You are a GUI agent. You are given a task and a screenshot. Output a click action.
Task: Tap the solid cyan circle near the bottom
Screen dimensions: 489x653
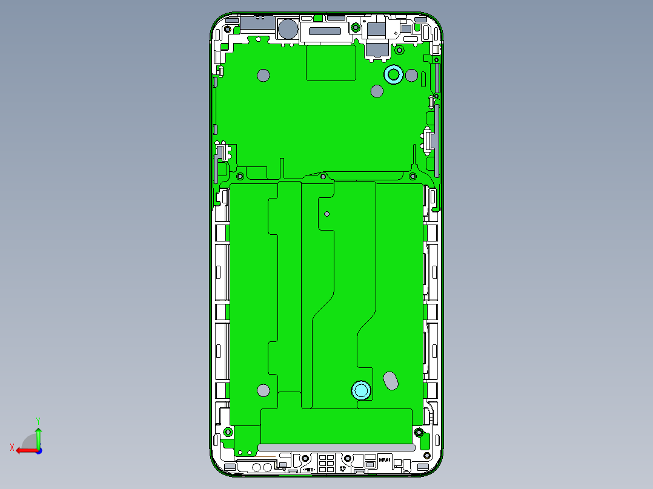(x=362, y=390)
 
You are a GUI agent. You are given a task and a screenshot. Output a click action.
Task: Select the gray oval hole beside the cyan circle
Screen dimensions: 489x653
(x=392, y=381)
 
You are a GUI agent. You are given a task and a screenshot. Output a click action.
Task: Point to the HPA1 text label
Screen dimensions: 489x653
(x=385, y=460)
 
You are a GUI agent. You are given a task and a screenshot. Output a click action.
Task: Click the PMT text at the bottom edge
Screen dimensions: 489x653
(x=308, y=469)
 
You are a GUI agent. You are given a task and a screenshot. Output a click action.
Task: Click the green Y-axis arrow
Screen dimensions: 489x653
(x=38, y=436)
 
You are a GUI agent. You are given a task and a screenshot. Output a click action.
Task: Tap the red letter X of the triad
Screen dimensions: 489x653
(x=12, y=447)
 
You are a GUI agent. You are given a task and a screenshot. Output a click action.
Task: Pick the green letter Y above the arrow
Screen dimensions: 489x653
(x=38, y=420)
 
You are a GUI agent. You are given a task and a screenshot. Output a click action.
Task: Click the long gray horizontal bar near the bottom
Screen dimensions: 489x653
(x=336, y=447)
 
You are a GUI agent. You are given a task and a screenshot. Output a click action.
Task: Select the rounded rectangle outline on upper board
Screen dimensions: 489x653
(x=331, y=64)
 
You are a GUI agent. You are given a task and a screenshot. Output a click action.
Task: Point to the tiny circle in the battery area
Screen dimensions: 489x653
(x=327, y=214)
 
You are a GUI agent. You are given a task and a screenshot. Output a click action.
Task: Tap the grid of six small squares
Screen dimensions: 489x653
(x=326, y=462)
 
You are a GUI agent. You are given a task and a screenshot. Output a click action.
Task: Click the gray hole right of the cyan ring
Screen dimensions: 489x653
(x=411, y=76)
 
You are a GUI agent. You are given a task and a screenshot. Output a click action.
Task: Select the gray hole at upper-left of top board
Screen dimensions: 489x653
(x=263, y=75)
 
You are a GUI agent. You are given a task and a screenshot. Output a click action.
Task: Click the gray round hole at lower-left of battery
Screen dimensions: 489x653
(x=263, y=390)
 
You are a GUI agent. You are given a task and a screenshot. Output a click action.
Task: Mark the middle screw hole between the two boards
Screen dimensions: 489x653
(x=323, y=177)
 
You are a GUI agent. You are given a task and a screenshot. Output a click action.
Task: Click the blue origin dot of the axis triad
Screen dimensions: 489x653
(x=38, y=450)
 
